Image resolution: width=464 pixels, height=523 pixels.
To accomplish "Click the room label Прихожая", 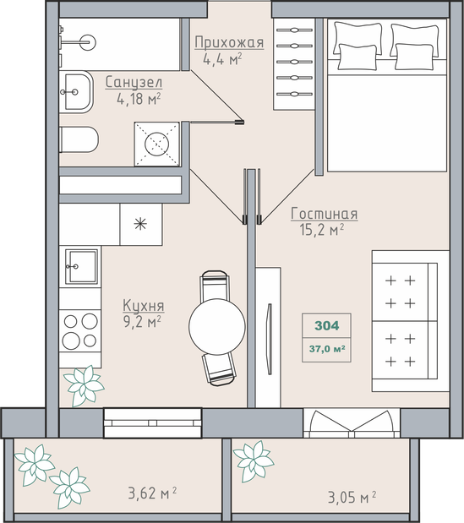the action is [x=229, y=43].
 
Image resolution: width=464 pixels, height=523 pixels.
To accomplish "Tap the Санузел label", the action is [x=134, y=83].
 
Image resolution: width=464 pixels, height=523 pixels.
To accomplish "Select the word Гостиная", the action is [x=325, y=214].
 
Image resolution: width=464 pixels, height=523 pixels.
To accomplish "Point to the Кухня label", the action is [x=144, y=306].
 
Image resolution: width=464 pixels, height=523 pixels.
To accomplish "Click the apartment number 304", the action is [x=326, y=325].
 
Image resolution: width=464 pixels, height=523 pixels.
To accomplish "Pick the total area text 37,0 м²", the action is [x=327, y=349].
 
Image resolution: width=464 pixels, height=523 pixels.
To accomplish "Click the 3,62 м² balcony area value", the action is [x=152, y=493].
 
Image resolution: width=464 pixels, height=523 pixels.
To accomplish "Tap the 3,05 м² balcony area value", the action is [x=352, y=497].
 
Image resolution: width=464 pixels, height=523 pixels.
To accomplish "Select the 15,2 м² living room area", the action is [x=322, y=230].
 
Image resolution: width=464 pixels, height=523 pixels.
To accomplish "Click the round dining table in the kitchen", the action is [x=217, y=326].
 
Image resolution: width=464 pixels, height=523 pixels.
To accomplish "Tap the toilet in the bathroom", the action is [x=79, y=139].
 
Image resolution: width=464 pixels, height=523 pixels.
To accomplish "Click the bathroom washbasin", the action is [x=76, y=92].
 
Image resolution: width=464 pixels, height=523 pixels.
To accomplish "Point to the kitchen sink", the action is [x=81, y=266].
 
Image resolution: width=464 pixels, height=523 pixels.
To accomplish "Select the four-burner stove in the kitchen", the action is [x=80, y=330].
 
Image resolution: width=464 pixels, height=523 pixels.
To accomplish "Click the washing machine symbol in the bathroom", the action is [x=156, y=144].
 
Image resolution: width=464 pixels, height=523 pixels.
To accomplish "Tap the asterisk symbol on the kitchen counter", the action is [x=140, y=224].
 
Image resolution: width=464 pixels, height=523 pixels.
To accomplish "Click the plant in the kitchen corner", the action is [x=84, y=386].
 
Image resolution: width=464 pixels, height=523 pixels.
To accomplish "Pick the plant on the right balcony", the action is [x=254, y=461].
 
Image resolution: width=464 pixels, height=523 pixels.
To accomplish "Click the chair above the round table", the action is [x=215, y=286].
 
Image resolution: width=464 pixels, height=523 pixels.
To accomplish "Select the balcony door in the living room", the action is [x=352, y=423].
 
